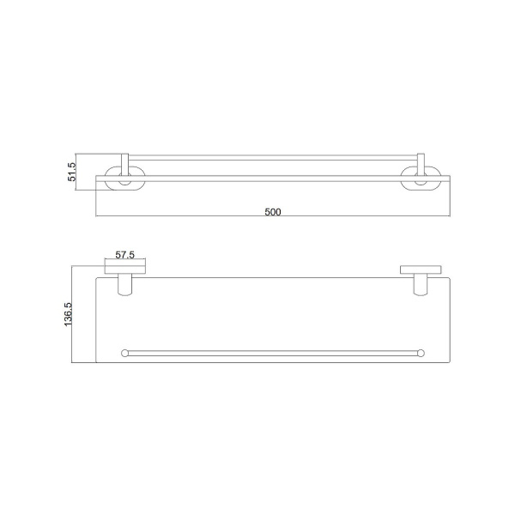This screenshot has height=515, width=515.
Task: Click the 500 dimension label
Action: [273, 212]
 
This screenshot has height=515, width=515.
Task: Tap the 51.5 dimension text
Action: [71, 172]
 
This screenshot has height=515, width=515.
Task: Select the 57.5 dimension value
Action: [124, 255]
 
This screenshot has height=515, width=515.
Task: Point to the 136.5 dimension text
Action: [68, 314]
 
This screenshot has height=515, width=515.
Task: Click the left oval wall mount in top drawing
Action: [107, 184]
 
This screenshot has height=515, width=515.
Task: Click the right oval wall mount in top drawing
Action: [438, 184]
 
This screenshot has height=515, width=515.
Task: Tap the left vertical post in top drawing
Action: [124, 164]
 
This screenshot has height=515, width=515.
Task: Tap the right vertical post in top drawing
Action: [421, 164]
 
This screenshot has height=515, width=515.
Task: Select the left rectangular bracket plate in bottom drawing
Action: [124, 266]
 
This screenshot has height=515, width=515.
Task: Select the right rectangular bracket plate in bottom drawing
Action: [421, 270]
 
